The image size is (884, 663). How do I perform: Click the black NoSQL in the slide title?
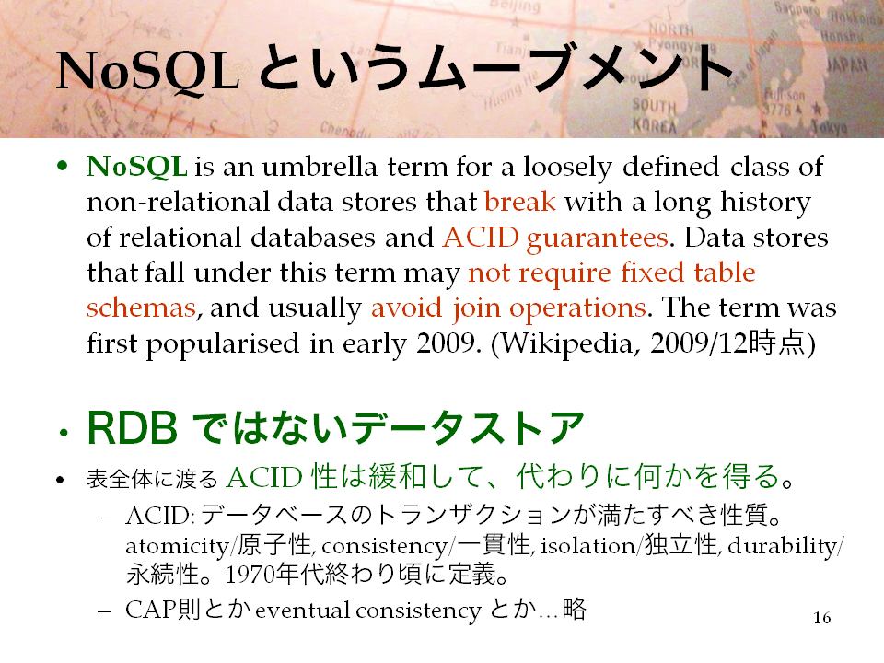pyautogui.click(x=147, y=72)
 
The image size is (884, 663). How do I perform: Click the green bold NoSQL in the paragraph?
pyautogui.click(x=137, y=167)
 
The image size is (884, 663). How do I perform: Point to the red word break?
pyautogui.click(x=519, y=202)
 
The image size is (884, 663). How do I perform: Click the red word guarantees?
pyautogui.click(x=597, y=238)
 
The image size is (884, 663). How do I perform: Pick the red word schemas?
pyautogui.click(x=141, y=308)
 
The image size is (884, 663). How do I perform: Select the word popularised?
pyautogui.click(x=223, y=343)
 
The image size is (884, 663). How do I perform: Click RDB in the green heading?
pyautogui.click(x=133, y=428)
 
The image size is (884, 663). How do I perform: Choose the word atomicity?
pyautogui.click(x=177, y=546)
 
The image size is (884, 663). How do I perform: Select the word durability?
pyautogui.click(x=782, y=546)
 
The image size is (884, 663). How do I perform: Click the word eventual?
pyautogui.click(x=302, y=610)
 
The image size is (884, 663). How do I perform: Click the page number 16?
pyautogui.click(x=822, y=618)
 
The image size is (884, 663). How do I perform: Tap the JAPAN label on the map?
pyautogui.click(x=846, y=65)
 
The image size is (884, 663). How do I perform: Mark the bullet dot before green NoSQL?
pyautogui.click(x=63, y=167)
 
